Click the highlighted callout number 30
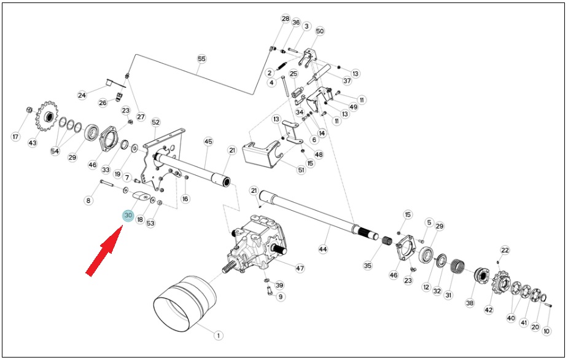128,216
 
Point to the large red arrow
104,250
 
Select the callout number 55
202,59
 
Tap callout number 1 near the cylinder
218,335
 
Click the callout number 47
300,268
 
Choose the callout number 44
323,249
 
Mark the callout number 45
208,141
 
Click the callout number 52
155,122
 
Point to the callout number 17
15,136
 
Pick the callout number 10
547,331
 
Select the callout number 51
301,170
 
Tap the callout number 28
286,19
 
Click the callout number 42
489,310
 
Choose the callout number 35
367,266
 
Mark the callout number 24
82,95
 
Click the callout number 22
505,250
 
